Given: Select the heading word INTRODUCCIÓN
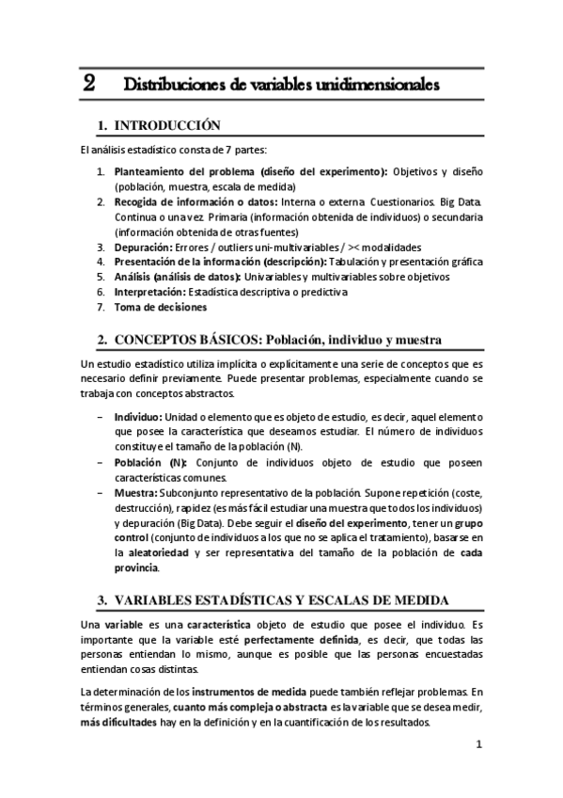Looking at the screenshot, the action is click(166, 125).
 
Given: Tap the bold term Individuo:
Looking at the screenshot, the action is click(138, 417).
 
